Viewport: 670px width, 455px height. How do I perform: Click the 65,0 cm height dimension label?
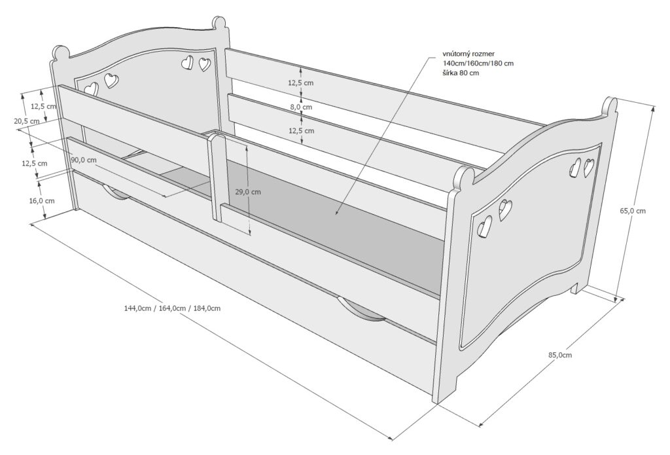tap(633, 210)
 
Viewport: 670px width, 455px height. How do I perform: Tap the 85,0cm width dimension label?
tap(560, 354)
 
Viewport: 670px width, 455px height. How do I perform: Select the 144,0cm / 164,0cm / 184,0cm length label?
tap(172, 308)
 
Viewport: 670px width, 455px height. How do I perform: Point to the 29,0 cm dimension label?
tap(248, 192)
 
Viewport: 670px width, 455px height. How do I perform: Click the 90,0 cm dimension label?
tap(84, 160)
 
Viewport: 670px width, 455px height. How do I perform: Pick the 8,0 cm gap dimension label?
tap(301, 107)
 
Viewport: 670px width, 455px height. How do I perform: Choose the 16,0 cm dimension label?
tap(42, 200)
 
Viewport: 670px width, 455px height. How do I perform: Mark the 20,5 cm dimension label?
tap(26, 121)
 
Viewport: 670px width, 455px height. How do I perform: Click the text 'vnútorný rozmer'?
tap(468, 54)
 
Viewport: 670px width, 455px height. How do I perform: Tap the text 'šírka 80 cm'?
tap(461, 73)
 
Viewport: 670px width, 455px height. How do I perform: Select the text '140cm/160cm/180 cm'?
tap(478, 64)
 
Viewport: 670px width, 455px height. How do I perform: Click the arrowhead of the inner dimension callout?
tap(336, 212)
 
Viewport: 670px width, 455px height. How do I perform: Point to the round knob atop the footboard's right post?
tap(610, 105)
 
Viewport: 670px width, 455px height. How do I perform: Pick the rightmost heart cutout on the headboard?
tap(205, 64)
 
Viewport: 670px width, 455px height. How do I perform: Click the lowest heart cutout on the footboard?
tap(485, 226)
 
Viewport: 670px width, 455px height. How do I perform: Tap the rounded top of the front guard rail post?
tap(216, 137)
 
